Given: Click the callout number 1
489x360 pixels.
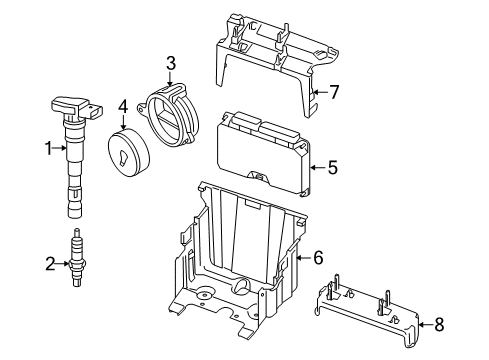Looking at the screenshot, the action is point(49,148).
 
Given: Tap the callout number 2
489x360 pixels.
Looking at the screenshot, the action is point(50,264).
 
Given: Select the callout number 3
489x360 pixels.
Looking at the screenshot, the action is point(171,64).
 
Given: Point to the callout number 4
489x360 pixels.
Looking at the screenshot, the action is point(123,106).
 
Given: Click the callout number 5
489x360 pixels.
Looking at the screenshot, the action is point(333,167).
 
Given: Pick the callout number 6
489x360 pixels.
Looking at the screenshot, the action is point(318,257).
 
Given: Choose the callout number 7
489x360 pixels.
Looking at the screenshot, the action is point(334,92).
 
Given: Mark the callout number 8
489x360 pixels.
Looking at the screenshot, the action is point(439,324).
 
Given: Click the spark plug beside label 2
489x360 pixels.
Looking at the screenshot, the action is point(77,257).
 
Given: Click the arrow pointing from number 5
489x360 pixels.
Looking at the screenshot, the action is point(318,167).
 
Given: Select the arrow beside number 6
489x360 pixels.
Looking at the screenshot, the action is point(304,257).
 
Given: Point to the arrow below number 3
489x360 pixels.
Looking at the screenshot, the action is point(170,79).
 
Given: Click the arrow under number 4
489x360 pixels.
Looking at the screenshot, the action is point(123,122).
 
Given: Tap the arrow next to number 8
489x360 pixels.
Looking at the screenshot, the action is point(425,324).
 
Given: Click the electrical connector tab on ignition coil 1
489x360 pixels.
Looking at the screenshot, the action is point(95,111).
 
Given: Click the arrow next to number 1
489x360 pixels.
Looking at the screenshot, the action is point(60,148).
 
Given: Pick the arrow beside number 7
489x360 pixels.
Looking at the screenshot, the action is point(320,92).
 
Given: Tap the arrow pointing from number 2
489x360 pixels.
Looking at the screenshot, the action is point(62,264).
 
